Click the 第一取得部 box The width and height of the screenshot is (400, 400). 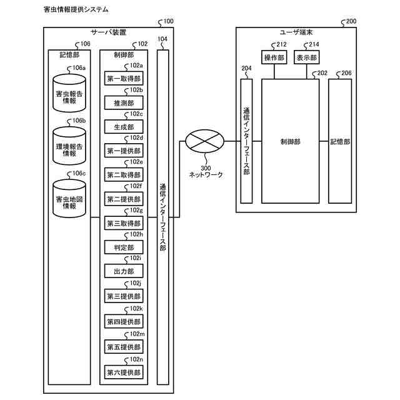124,78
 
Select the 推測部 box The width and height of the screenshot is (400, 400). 124,102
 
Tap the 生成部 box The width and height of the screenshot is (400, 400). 124,126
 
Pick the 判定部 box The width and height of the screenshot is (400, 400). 124,247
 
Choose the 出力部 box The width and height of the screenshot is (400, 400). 124,272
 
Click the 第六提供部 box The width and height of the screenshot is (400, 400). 124,373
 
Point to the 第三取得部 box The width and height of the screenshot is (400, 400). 124,224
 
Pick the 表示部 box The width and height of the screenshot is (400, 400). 306,58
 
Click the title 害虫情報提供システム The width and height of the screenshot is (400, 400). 76,10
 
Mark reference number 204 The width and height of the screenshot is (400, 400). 246,69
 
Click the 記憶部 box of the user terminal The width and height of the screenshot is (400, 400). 341,142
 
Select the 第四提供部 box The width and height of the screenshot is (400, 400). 124,322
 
